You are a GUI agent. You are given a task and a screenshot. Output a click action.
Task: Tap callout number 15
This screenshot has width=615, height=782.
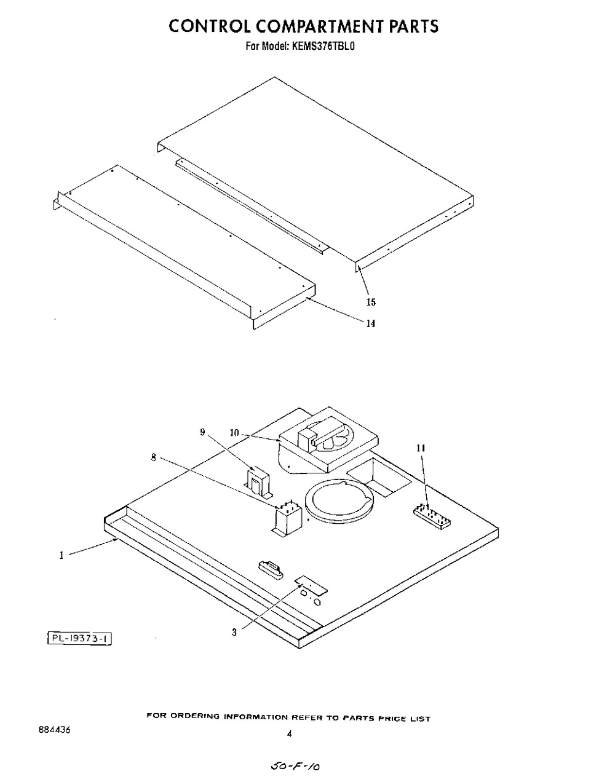pos(371,302)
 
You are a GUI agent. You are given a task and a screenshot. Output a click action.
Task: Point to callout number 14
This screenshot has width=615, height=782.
pos(370,323)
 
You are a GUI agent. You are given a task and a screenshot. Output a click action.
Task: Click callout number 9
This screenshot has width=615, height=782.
pos(202,432)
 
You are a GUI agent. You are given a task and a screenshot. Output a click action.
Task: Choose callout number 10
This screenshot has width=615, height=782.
pos(234,433)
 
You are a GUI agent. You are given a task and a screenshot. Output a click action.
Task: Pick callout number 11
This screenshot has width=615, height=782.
pos(421,448)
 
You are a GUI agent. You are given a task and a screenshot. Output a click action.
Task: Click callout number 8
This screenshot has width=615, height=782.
pos(154,457)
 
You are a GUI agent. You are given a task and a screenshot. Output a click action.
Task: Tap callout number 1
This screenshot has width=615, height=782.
pos(61,555)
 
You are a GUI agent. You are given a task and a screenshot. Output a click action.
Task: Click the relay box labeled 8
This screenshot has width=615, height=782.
pos(287,519)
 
